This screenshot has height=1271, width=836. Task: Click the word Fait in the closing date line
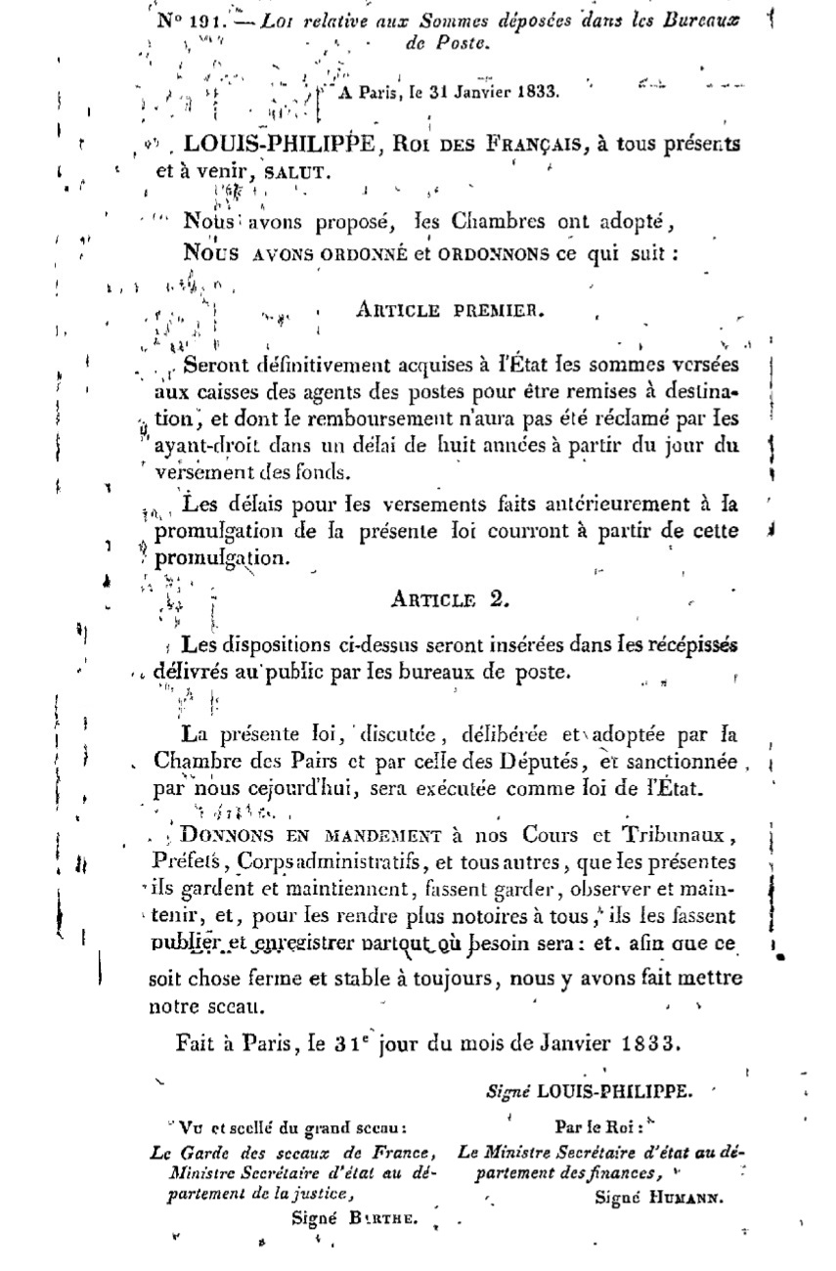tap(197, 1042)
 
